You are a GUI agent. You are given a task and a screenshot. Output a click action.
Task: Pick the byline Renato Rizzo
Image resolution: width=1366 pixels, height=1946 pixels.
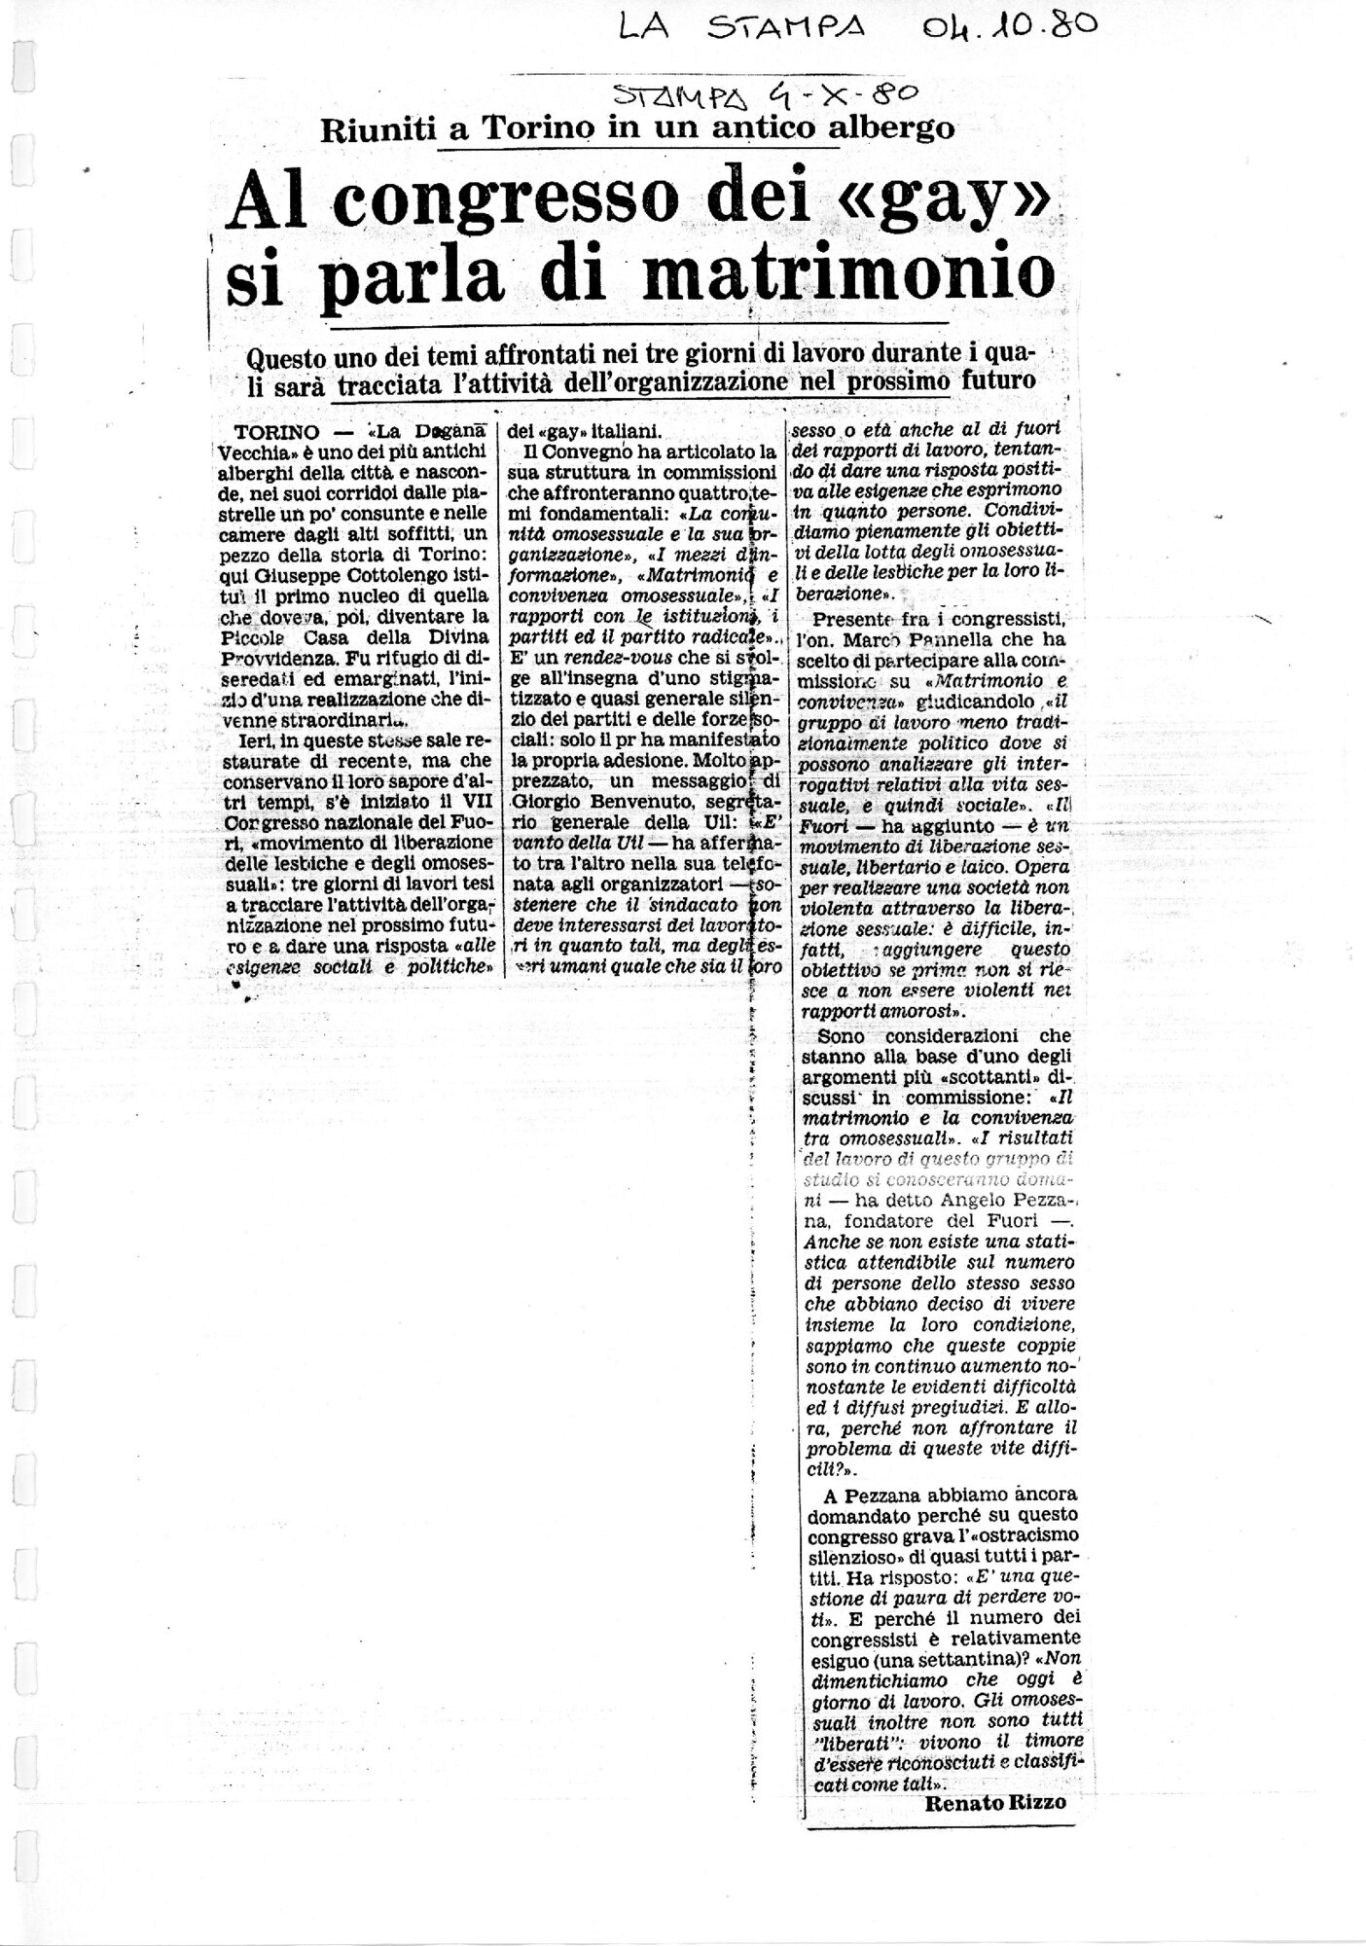(x=995, y=1802)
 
